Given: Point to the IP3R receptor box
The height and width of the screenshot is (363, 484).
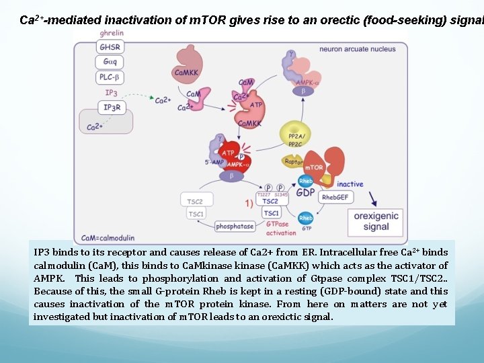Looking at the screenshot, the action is [112, 107].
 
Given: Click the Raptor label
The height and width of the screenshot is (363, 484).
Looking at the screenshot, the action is [294, 161].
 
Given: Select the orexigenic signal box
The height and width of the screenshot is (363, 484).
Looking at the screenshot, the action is [376, 222].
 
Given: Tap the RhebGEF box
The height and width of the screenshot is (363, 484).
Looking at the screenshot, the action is [335, 198].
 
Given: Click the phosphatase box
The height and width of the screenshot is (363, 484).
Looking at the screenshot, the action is [235, 227].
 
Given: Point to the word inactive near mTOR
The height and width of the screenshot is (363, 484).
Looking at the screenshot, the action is [350, 184].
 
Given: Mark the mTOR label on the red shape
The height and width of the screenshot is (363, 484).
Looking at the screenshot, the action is [314, 167].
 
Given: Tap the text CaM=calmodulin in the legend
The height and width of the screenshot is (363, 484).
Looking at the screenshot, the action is [108, 238].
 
